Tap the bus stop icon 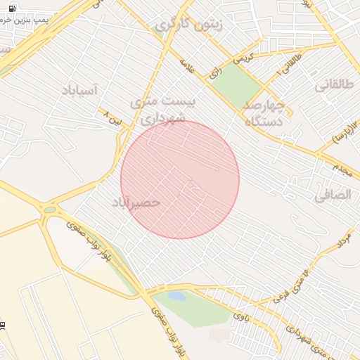4,325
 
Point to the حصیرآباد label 136,202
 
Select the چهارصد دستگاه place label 263,112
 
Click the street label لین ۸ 112,115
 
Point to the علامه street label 186,67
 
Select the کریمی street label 243,60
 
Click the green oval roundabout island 49,210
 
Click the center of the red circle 180,180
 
